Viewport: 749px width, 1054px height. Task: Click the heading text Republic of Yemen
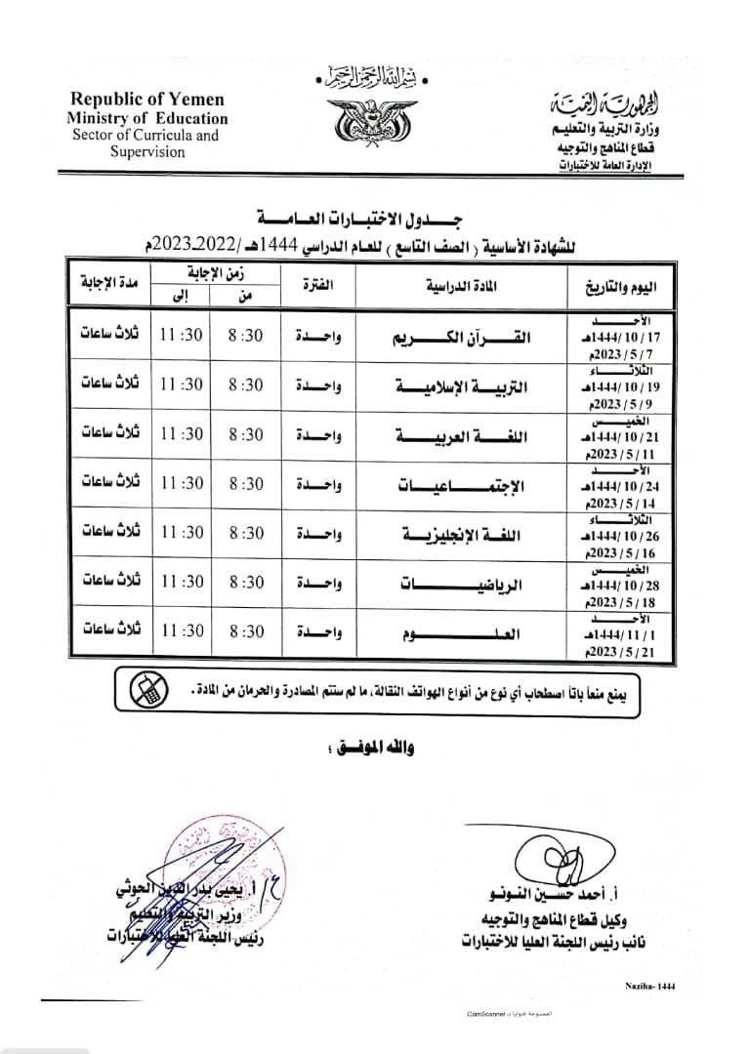tap(146, 100)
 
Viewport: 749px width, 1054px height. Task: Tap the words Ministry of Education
tap(147, 118)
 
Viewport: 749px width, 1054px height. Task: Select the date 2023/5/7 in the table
tap(625, 353)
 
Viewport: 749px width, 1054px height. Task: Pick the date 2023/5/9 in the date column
tap(625, 402)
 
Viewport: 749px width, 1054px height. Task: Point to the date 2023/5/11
tap(625, 452)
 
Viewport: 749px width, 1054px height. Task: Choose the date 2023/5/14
tap(625, 503)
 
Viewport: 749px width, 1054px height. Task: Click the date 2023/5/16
tap(625, 552)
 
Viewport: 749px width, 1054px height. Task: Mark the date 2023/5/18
tap(625, 603)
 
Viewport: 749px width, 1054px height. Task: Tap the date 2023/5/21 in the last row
tap(625, 652)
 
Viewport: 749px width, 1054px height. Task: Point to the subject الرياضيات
tap(457, 586)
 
